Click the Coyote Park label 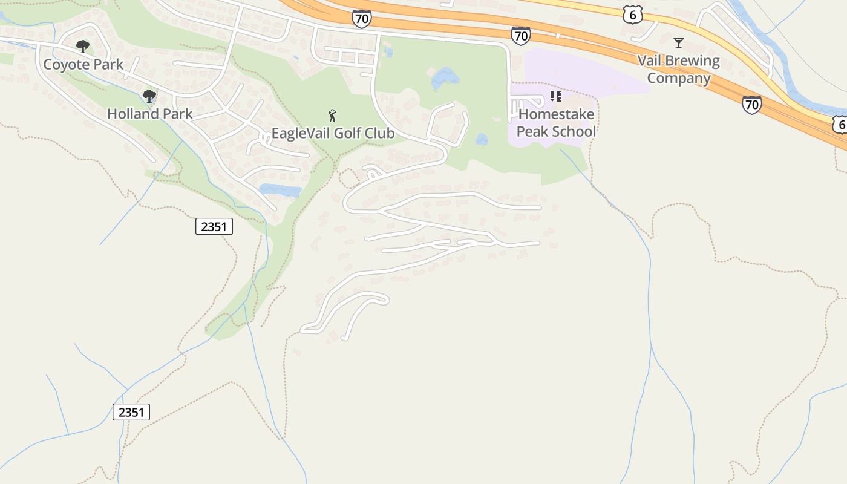(x=83, y=64)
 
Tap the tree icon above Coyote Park (x=83, y=46)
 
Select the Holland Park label (x=149, y=113)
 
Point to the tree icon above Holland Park (x=149, y=96)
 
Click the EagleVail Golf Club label (x=333, y=133)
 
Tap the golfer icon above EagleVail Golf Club (x=332, y=115)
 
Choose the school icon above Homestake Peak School (x=555, y=96)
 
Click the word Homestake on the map (x=556, y=114)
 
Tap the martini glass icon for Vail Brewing (x=679, y=43)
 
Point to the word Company (x=679, y=78)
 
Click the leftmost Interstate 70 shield (x=361, y=19)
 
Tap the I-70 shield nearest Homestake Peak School (x=520, y=36)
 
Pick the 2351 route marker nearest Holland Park (x=214, y=226)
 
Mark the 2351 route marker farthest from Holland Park (x=131, y=412)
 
